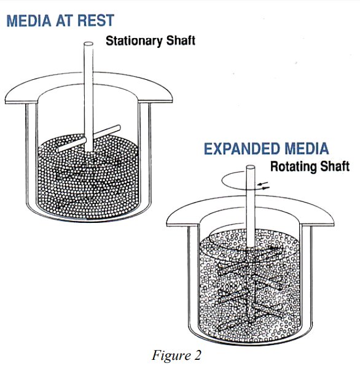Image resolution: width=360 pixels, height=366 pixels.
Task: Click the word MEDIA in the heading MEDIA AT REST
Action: point(29,20)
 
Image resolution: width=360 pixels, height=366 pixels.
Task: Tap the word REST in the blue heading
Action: point(96,20)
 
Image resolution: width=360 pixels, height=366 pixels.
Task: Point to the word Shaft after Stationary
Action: point(181,41)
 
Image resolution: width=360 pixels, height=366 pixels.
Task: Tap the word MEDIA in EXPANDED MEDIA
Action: point(307,149)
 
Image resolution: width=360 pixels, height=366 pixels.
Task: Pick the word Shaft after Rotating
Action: point(335,166)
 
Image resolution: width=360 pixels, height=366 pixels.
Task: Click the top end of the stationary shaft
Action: point(88,44)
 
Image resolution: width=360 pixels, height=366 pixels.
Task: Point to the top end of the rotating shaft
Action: point(251,168)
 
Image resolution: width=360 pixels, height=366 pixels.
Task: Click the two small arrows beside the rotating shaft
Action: point(264,185)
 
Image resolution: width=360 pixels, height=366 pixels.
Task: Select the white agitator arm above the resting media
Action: point(89,138)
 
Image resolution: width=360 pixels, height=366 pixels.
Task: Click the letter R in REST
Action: point(83,20)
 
